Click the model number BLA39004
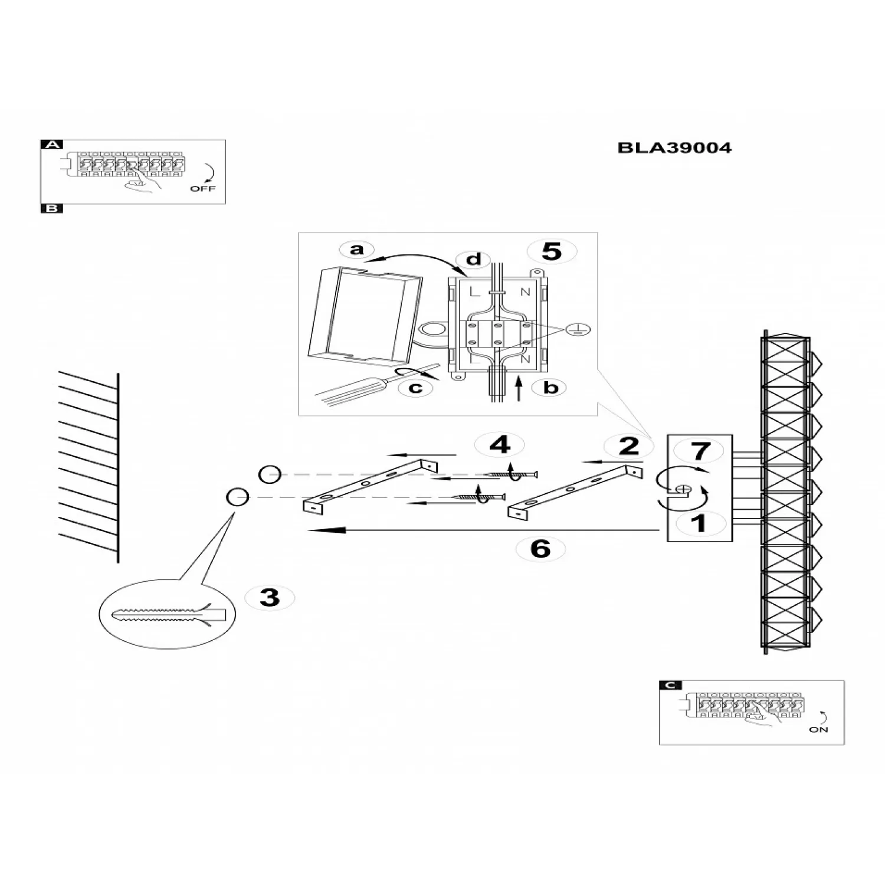(x=674, y=147)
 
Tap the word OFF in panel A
(x=203, y=189)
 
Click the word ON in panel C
(x=819, y=730)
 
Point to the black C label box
(x=670, y=685)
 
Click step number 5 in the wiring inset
(x=552, y=251)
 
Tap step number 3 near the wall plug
(x=270, y=597)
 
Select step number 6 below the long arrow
(x=540, y=549)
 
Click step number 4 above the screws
(x=500, y=444)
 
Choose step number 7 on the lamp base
(x=700, y=451)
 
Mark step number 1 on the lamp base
(x=699, y=523)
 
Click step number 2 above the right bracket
(x=628, y=446)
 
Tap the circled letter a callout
(x=357, y=250)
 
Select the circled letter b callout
(x=550, y=388)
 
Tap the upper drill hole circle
(x=270, y=474)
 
